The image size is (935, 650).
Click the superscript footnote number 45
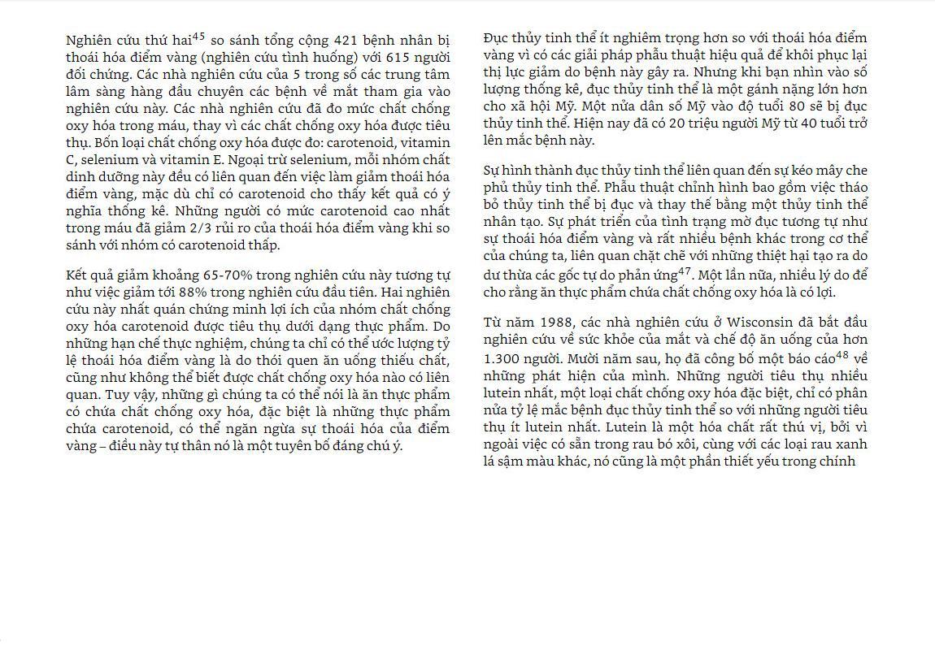[x=198, y=37]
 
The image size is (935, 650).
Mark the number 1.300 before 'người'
[x=501, y=357]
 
